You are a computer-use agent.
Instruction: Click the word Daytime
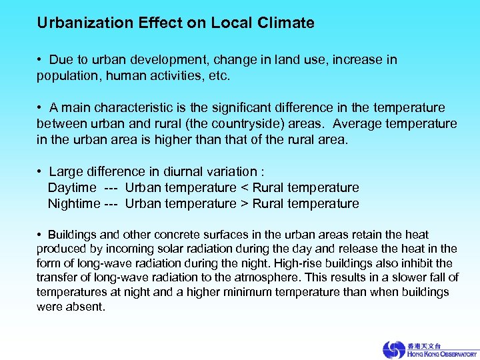72,187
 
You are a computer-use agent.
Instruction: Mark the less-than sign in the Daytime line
243,187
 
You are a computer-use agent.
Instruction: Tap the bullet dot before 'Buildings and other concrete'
40,235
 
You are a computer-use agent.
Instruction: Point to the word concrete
176,235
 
